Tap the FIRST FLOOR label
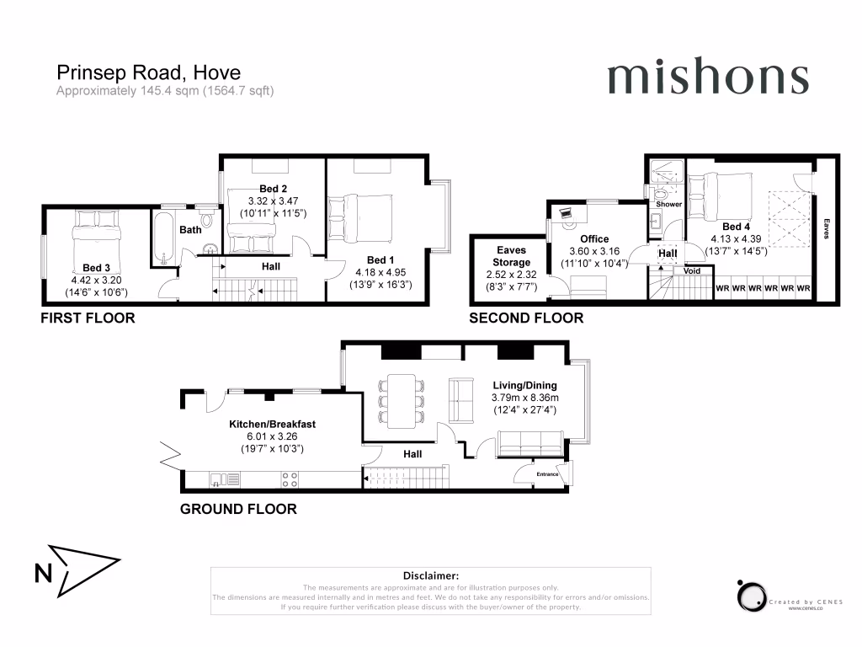(x=88, y=318)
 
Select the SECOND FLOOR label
(x=526, y=318)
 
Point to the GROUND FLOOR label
(x=238, y=509)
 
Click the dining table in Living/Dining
(x=402, y=398)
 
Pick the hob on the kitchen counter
(x=290, y=480)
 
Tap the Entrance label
(x=547, y=474)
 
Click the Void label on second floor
(x=692, y=271)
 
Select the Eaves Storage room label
(x=512, y=256)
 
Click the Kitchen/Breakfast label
(x=272, y=424)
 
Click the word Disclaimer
(x=430, y=575)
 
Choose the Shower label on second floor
(x=668, y=205)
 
